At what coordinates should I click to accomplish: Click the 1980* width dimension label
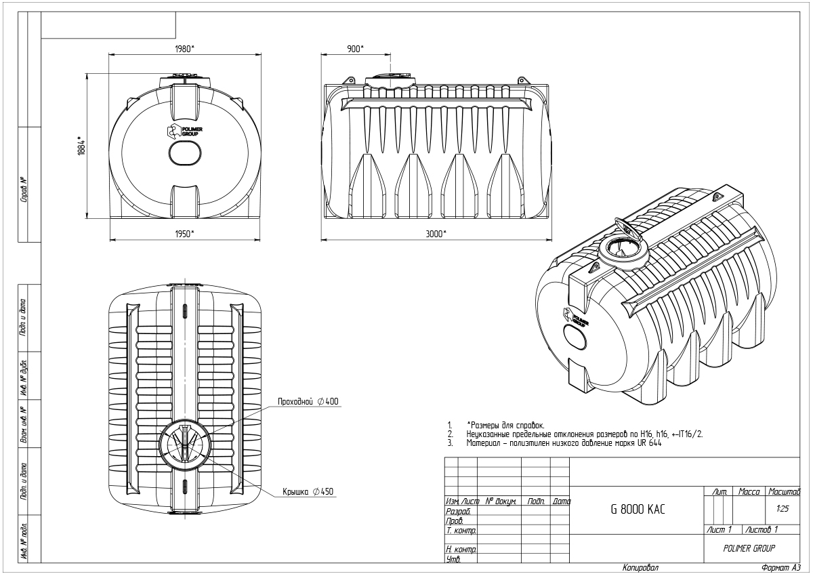click(x=185, y=49)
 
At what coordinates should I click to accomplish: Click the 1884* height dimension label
click(x=81, y=146)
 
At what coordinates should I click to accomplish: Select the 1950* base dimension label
click(x=185, y=234)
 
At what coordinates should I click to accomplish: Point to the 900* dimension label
click(x=355, y=49)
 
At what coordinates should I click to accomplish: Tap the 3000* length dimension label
click(x=436, y=234)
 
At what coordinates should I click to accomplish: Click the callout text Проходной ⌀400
click(x=308, y=401)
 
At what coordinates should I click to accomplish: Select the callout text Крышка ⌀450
click(x=308, y=491)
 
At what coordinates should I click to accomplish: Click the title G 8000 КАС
click(x=638, y=510)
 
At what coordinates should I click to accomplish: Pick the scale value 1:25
click(x=783, y=509)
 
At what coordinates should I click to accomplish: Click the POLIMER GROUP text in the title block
click(x=749, y=548)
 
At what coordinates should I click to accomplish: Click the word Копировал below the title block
click(x=641, y=567)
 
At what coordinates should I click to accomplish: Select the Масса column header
click(x=749, y=491)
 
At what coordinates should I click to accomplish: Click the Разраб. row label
click(x=459, y=512)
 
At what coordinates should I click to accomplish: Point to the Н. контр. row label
click(x=461, y=550)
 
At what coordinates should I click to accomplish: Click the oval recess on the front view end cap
click(x=185, y=153)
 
